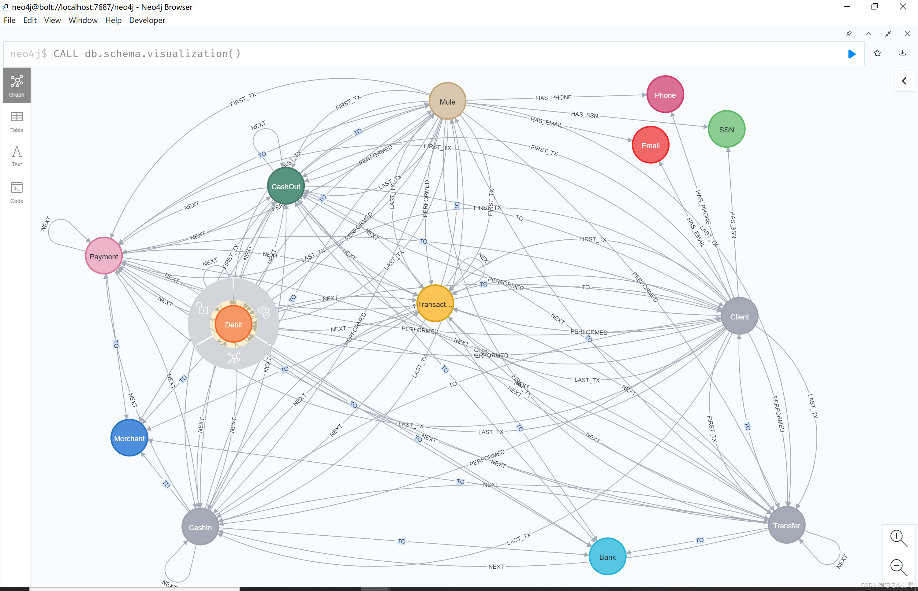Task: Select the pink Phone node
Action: (665, 95)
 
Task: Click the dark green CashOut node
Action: (286, 187)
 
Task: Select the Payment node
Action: (104, 256)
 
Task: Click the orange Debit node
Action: (233, 325)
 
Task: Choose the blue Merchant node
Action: (129, 438)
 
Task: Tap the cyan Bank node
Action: (607, 556)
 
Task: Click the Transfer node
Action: (786, 525)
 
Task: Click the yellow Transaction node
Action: (435, 304)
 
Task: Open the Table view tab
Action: (17, 122)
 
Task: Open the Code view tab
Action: (17, 193)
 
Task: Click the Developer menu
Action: (147, 20)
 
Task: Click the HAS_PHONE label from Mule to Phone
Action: (554, 98)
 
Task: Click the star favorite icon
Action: (877, 53)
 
